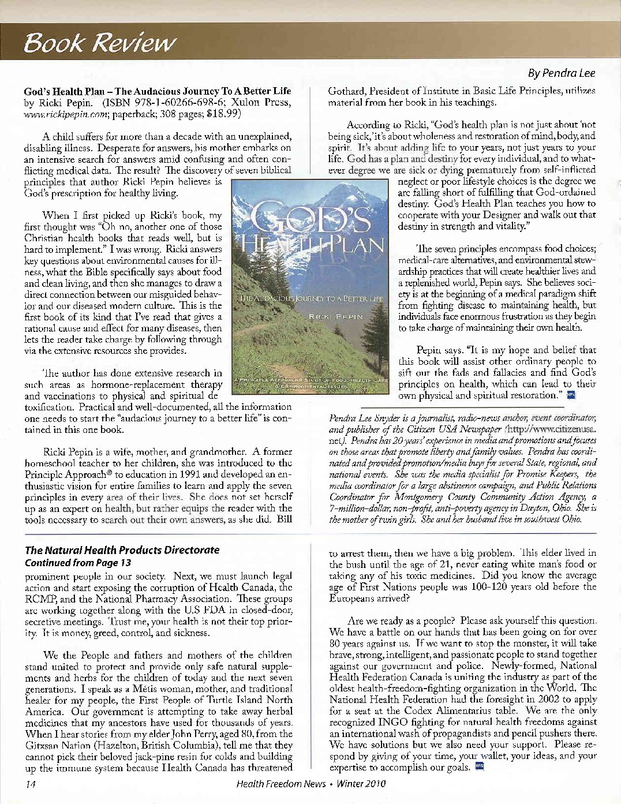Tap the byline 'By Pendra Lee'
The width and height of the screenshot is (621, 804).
[x=561, y=73]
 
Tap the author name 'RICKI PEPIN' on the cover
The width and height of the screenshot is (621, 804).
[x=336, y=317]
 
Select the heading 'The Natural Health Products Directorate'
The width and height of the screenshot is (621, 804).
[x=122, y=550]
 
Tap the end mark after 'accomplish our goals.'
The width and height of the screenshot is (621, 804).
[x=478, y=766]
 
